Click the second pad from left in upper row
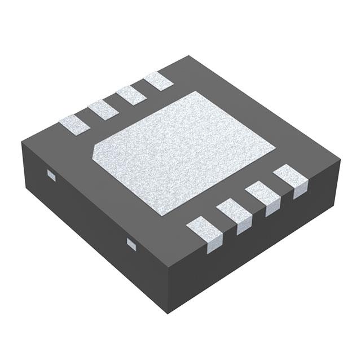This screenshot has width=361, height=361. tap(102, 108)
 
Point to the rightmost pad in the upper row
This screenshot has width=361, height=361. tap(158, 81)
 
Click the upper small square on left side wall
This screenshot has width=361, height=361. tap(51, 176)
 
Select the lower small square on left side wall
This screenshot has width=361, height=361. tap(131, 244)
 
